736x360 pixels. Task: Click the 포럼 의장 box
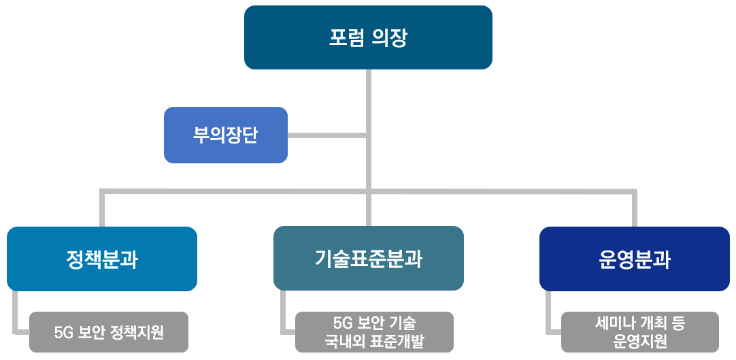pos(368,37)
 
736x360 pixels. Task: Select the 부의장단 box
pos(226,135)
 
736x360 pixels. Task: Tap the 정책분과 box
pos(102,259)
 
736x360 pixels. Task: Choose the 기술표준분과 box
pos(369,259)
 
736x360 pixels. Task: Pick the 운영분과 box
pos(635,259)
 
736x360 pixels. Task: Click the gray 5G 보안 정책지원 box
pos(109,332)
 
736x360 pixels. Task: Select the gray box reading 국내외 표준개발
pos(375,332)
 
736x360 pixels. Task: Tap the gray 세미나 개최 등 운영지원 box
pos(640,332)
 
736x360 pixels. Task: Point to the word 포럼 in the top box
pos(346,38)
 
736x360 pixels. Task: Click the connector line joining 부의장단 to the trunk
pos(327,135)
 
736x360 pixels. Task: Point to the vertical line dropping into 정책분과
pos(102,208)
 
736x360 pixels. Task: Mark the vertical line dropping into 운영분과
pos(635,208)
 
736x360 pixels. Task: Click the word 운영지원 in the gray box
pos(640,342)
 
